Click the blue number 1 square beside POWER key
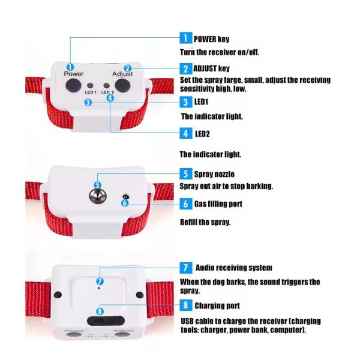click(x=186, y=38)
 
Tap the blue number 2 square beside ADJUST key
click(x=186, y=68)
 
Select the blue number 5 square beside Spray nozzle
click(x=186, y=173)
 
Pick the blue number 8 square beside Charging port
click(x=186, y=305)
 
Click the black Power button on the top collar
click(x=73, y=85)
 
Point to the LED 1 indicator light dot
click(x=90, y=86)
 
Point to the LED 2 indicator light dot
click(x=106, y=86)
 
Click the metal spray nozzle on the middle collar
click(x=98, y=196)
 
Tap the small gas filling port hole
click(x=125, y=197)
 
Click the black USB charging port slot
click(x=106, y=321)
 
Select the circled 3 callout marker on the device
click(x=88, y=102)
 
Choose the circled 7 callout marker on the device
click(x=100, y=281)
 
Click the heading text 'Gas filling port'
click(x=218, y=204)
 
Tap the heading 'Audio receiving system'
click(x=234, y=268)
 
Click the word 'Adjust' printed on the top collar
click(x=122, y=74)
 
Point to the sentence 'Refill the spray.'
click(x=205, y=222)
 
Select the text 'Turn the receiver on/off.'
click(x=219, y=52)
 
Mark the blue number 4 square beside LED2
click(x=186, y=133)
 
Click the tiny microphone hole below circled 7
click(x=99, y=288)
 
